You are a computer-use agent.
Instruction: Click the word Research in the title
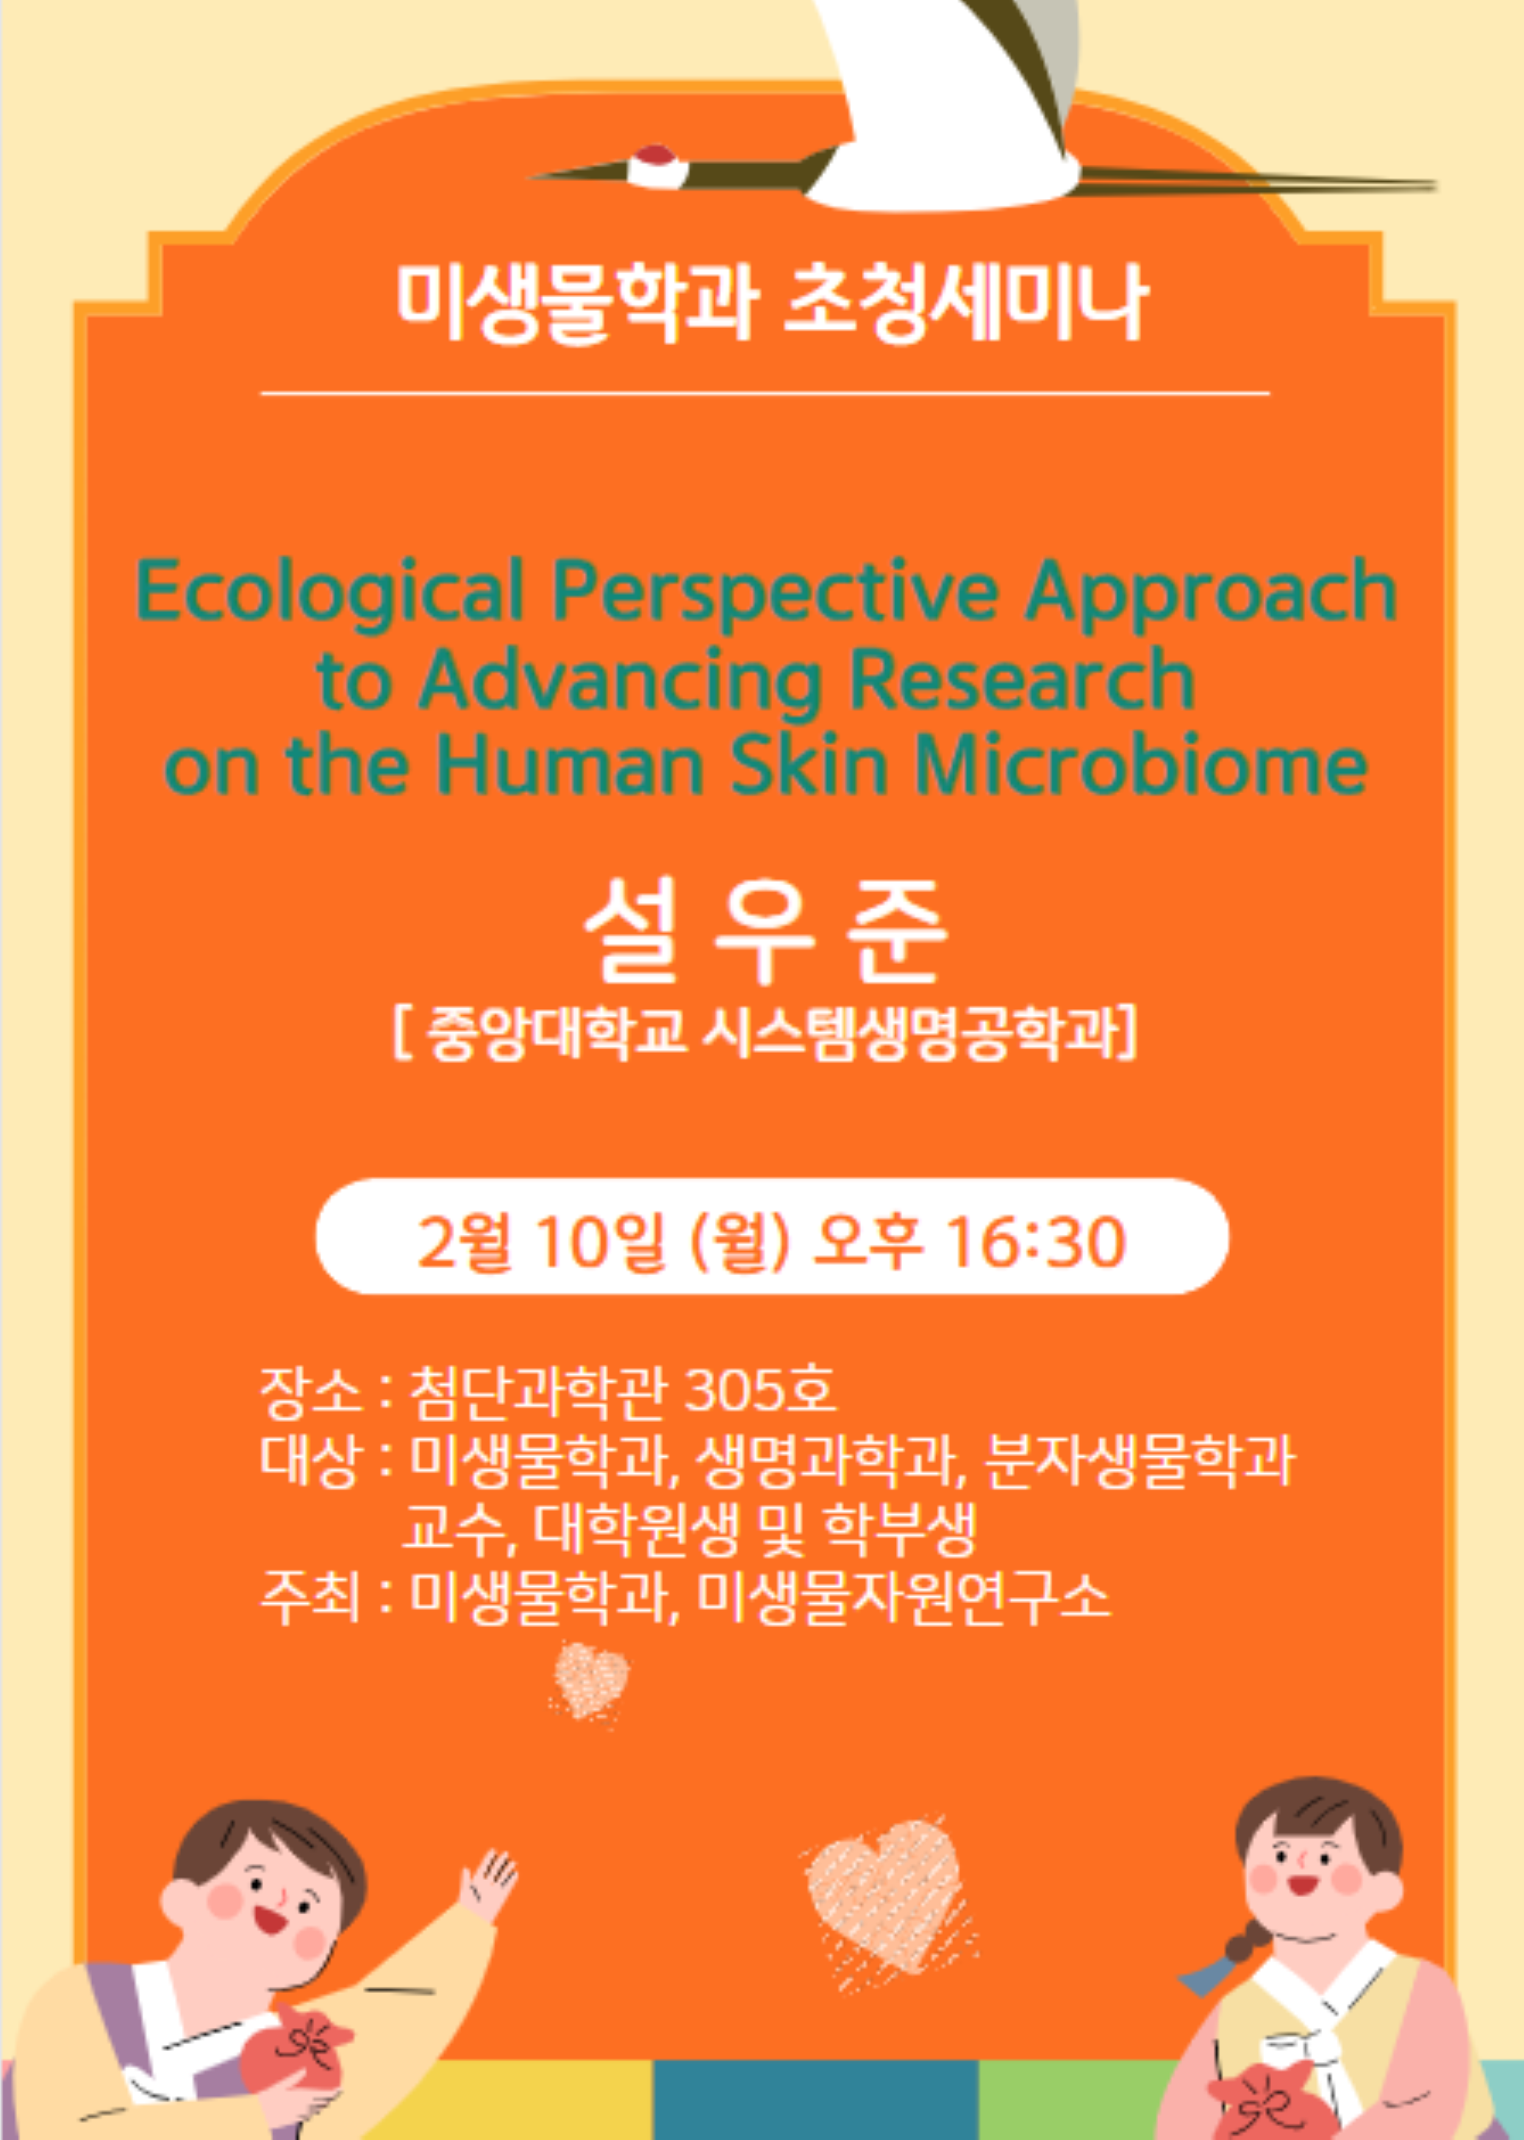(x=1023, y=678)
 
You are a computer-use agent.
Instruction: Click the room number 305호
(x=760, y=1390)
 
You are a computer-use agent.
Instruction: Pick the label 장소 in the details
(x=310, y=1390)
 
